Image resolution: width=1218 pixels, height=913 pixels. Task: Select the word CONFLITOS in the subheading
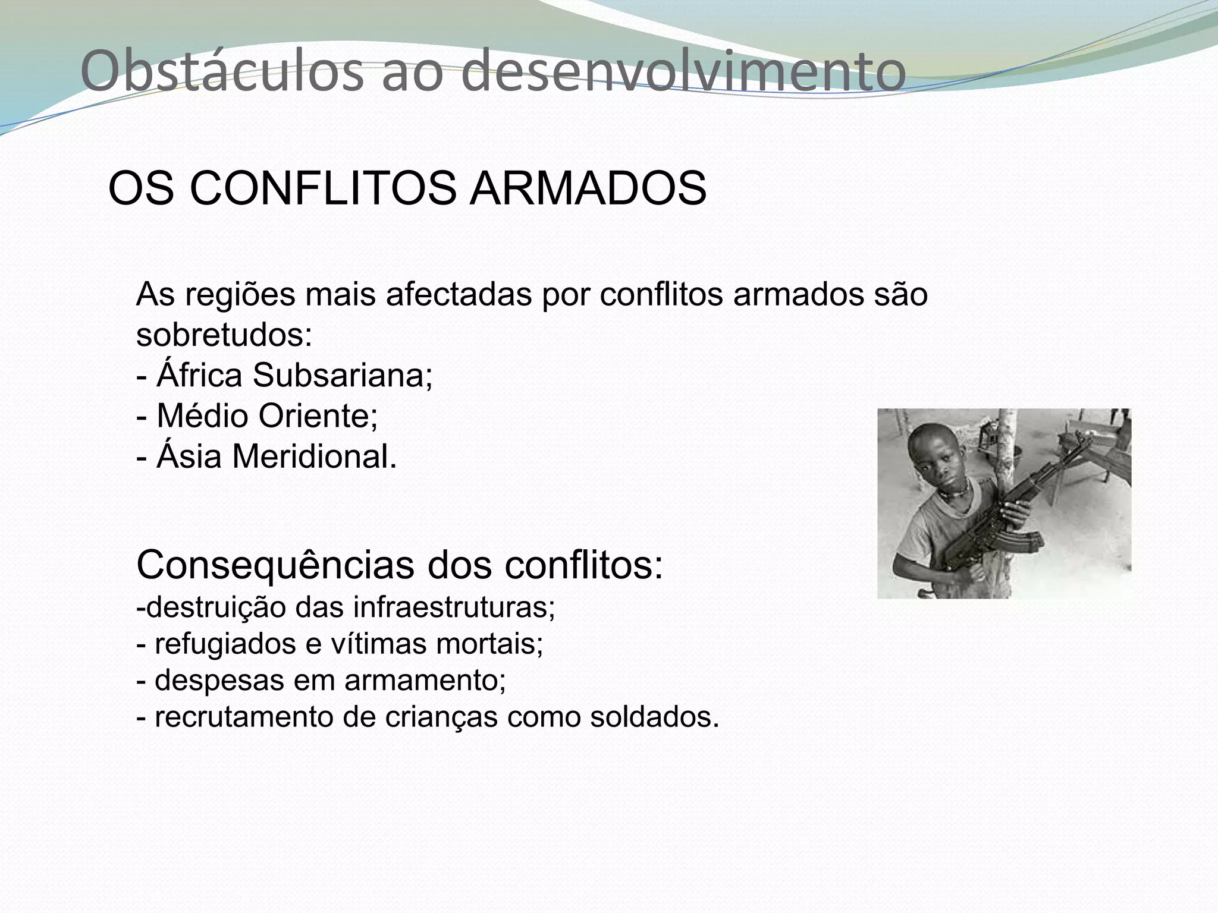tap(325, 189)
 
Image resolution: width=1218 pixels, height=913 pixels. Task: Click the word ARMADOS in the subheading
tap(588, 189)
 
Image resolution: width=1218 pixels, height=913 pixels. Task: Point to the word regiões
tap(240, 295)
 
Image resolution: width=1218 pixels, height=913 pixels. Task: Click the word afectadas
tap(459, 295)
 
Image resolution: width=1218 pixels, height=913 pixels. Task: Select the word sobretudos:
tap(224, 335)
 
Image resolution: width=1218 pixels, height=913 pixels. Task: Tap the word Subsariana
tap(342, 376)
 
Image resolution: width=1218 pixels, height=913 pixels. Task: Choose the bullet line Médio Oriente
tap(257, 416)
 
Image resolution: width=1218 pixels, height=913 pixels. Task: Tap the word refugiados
tap(225, 644)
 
